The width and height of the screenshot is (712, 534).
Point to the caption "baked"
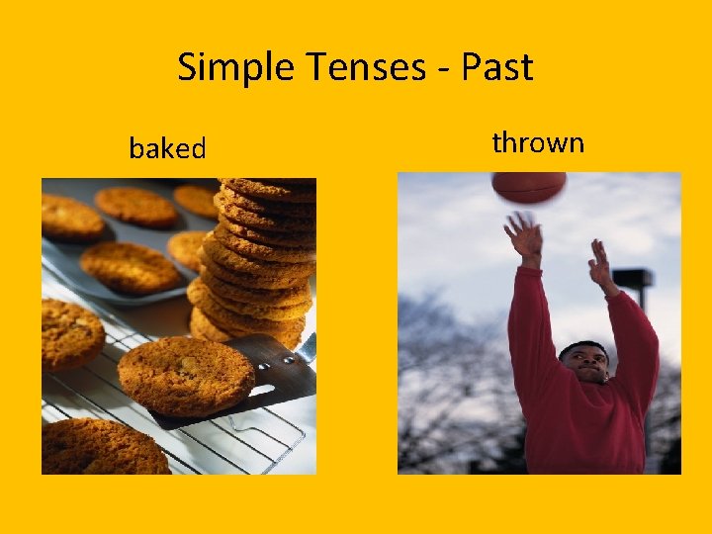point(167,149)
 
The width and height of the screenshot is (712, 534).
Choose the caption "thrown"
point(538,143)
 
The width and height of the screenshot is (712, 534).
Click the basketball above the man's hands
point(529,187)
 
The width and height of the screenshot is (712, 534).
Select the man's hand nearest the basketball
point(523,237)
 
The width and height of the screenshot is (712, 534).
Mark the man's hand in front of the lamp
point(600,264)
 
